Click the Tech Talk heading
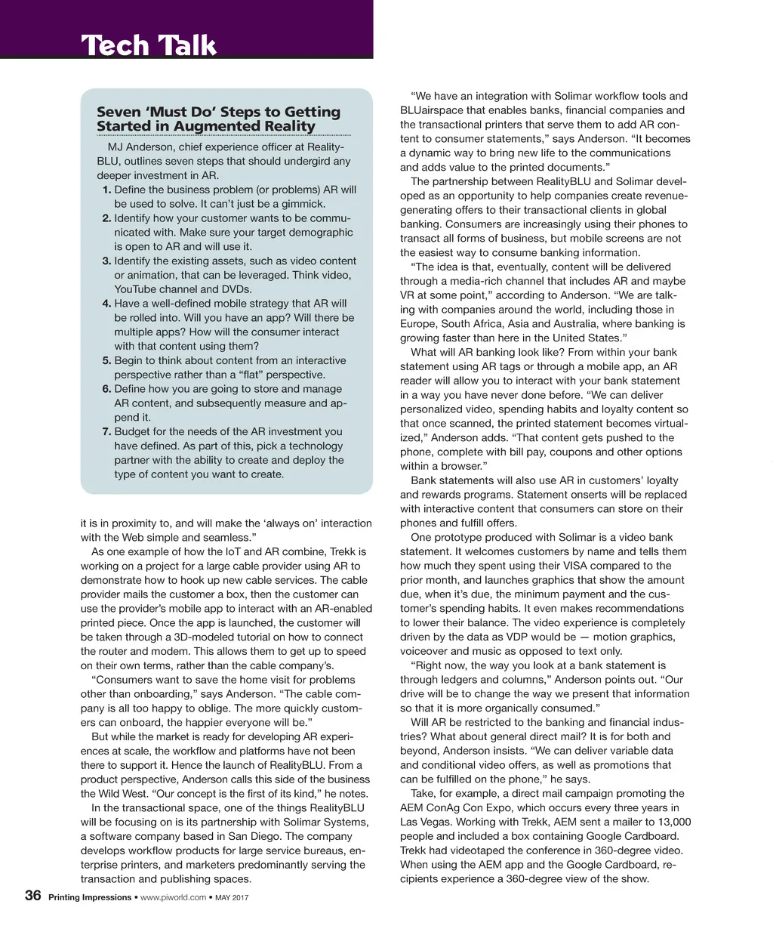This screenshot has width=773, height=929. pos(149,45)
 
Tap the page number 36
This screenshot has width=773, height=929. pos(33,896)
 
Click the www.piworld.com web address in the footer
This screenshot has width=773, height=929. pos(174,897)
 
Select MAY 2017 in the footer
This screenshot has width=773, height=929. pos(232,897)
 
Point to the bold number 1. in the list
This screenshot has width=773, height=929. pos(107,190)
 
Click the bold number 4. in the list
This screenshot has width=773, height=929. pos(107,304)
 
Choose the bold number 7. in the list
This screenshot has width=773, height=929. pos(107,432)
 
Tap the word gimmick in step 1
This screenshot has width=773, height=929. pos(302,204)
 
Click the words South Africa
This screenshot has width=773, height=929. pos(481,323)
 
